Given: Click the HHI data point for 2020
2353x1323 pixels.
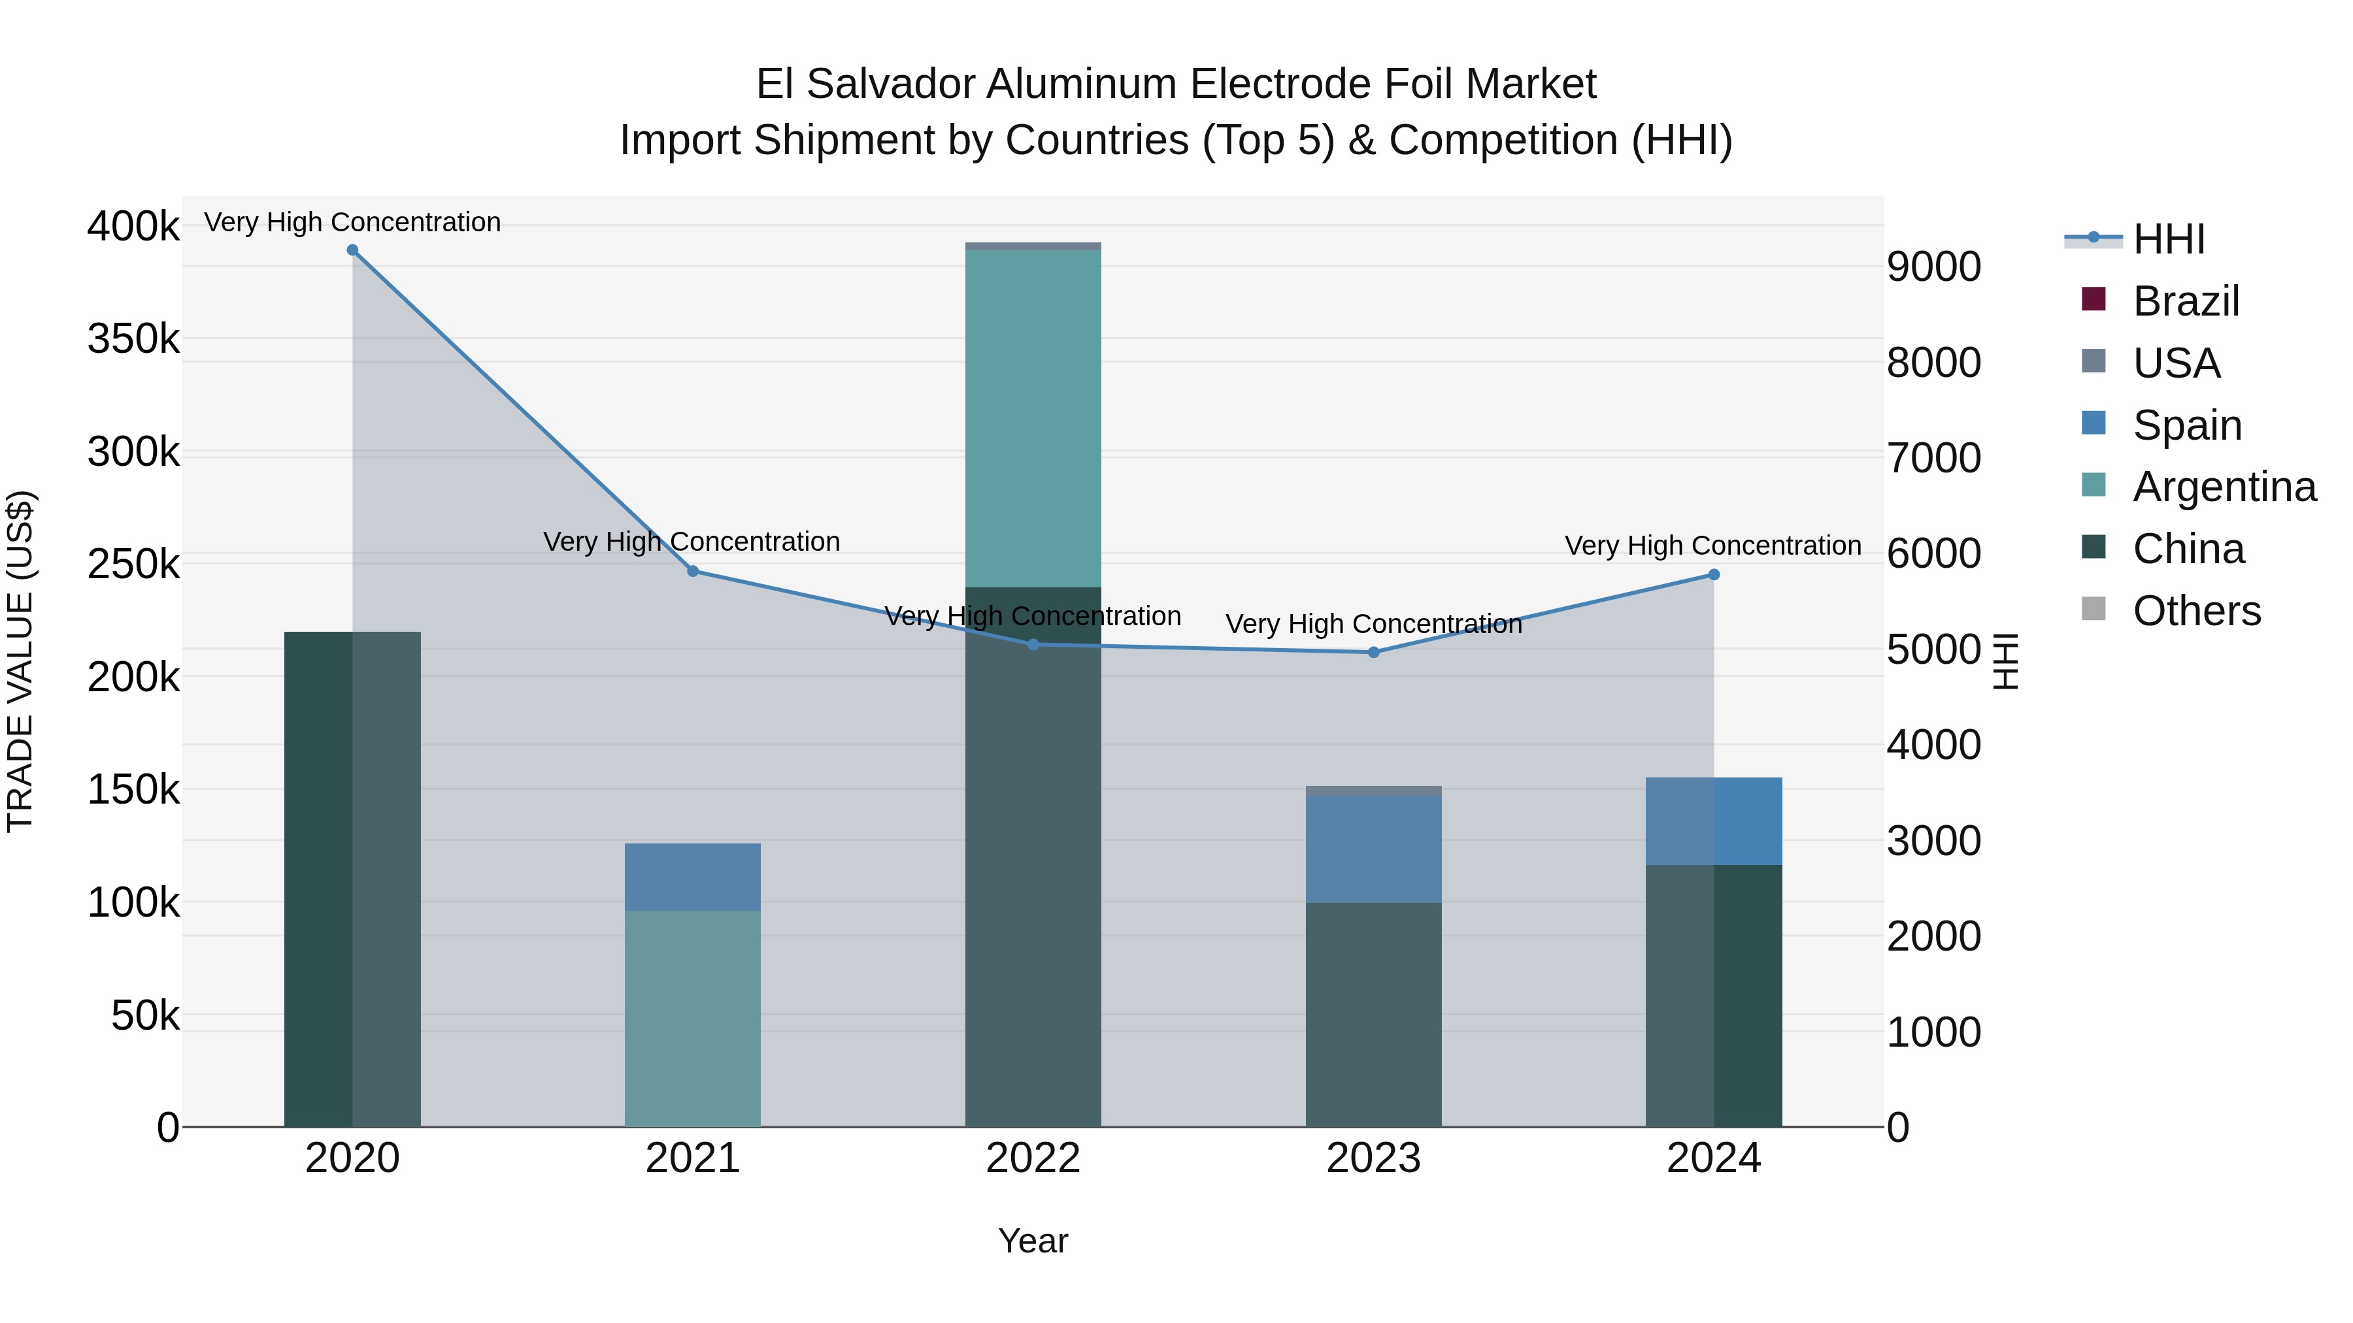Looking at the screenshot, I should point(352,250).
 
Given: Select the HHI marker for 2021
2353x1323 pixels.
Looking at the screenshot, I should point(692,572).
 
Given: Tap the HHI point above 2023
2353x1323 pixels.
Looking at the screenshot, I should point(1373,652).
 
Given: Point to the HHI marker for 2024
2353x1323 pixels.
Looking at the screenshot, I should point(1714,575).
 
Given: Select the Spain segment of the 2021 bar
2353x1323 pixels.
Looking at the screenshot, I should point(692,877).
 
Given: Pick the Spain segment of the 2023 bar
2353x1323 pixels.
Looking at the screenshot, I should point(1373,849).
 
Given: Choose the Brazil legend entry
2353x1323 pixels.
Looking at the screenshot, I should point(2185,301).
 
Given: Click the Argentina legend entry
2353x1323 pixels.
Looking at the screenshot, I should point(2224,487).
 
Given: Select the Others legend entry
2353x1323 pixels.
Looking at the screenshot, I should point(2196,611).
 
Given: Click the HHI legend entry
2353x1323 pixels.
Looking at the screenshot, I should point(2169,239).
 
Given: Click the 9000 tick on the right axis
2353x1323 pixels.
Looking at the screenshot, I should point(1934,267).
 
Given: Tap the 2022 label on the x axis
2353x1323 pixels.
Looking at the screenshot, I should point(1033,1158).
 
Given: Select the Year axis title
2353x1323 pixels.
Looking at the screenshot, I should point(1033,1241).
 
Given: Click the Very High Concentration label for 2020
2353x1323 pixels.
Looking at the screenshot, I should point(352,222).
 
